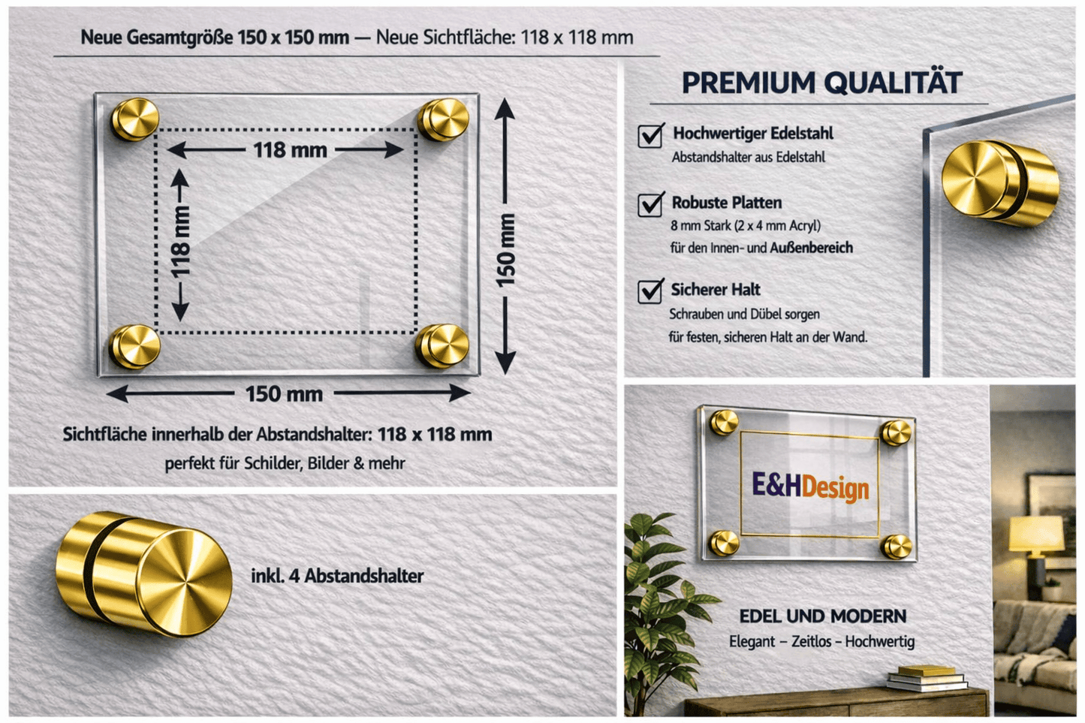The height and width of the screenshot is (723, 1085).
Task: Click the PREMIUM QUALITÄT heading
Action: [x=822, y=83]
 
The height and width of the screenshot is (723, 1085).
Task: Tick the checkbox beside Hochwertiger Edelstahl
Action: [x=650, y=136]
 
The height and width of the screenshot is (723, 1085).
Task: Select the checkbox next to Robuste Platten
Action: [x=650, y=204]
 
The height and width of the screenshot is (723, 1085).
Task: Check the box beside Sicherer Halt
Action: [x=650, y=291]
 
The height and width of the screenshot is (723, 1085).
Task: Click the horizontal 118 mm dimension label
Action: [x=290, y=150]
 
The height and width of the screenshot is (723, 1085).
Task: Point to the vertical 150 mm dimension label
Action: [x=505, y=250]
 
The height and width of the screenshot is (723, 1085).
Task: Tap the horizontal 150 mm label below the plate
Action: [x=284, y=394]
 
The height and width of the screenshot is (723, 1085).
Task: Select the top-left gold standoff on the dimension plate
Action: [x=135, y=119]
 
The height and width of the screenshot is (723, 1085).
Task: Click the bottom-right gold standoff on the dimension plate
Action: [x=442, y=346]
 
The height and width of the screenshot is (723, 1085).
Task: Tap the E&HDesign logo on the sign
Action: [x=810, y=487]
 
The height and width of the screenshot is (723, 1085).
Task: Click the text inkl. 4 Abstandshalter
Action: [x=337, y=576]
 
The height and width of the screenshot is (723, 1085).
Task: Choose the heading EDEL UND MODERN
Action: [x=822, y=616]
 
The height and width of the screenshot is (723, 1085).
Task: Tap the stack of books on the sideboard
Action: [x=927, y=678]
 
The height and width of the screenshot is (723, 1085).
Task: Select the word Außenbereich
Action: [x=812, y=248]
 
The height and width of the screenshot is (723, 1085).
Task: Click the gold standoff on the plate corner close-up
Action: [x=1000, y=183]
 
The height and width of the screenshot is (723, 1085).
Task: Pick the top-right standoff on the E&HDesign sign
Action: [x=896, y=432]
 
